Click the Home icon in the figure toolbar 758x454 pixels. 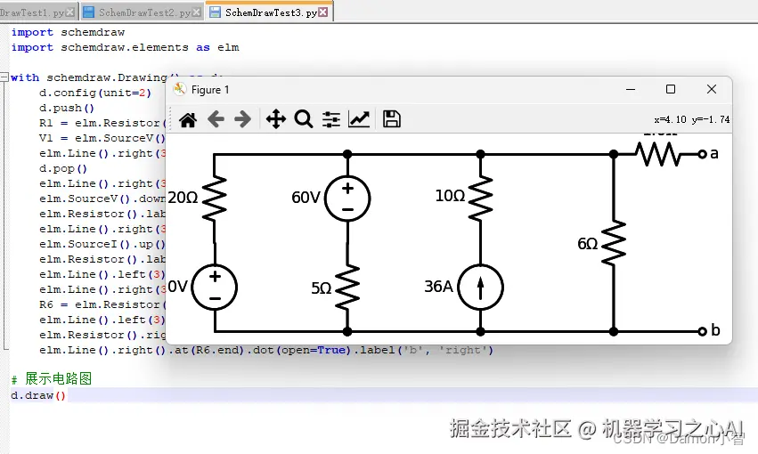[x=188, y=119]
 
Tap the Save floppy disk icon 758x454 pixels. [x=391, y=119]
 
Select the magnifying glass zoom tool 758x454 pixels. [x=304, y=119]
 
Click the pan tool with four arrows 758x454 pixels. [x=275, y=119]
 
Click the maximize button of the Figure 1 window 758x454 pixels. [x=671, y=89]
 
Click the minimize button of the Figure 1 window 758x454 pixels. [x=631, y=89]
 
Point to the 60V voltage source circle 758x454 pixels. [x=347, y=198]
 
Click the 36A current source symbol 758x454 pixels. [x=480, y=287]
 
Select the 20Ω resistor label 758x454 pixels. [x=183, y=198]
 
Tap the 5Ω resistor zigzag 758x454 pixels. [x=347, y=287]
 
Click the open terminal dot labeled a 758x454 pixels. [x=702, y=154]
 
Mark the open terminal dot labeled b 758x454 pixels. [x=702, y=331]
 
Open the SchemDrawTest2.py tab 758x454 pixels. [x=143, y=12]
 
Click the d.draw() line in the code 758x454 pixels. [x=38, y=395]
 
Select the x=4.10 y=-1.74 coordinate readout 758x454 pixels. [x=691, y=119]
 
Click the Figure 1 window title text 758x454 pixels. [x=210, y=89]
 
